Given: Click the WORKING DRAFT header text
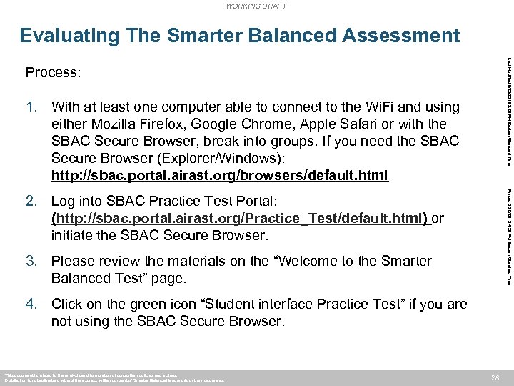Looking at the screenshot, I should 256,6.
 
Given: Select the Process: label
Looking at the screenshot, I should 53,73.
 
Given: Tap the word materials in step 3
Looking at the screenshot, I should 198,262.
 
